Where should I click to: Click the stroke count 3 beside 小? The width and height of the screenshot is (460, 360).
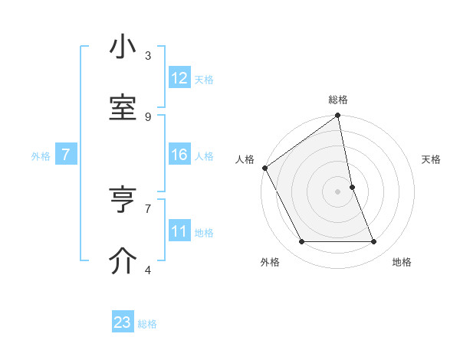click(148, 56)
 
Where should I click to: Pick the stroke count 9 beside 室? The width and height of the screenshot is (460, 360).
click(148, 116)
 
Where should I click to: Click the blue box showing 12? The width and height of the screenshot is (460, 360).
click(179, 78)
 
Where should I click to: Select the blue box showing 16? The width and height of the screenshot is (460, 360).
click(179, 155)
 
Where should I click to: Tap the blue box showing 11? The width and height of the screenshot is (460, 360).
click(179, 231)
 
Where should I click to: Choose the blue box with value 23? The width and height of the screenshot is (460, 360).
click(123, 322)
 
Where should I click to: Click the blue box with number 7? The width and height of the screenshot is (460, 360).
click(66, 155)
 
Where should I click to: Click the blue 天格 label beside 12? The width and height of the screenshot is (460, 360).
click(204, 79)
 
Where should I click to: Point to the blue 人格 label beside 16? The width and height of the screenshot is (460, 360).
click(204, 155)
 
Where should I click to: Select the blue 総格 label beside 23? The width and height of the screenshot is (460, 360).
click(147, 323)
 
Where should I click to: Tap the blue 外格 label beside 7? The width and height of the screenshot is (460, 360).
click(41, 155)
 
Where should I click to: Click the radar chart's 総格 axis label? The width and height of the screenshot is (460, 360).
click(338, 100)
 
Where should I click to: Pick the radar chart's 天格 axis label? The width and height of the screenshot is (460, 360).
click(431, 159)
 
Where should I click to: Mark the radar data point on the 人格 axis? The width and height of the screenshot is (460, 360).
click(264, 168)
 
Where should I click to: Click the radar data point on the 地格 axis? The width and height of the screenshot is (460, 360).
click(374, 242)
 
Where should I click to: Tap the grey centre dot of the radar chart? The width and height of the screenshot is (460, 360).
click(338, 191)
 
